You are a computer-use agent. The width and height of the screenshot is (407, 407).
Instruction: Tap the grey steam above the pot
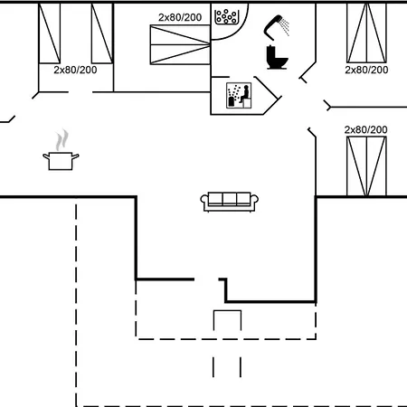coord(62,140)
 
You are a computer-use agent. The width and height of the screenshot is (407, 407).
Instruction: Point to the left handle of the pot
coord(46,156)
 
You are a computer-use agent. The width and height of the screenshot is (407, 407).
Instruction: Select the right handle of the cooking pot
coord(75,156)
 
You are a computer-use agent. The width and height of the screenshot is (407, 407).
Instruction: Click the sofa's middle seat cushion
coord(230,199)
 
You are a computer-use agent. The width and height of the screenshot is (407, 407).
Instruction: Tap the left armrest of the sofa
coord(204,202)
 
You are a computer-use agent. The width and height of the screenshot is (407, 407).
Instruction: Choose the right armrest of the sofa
coord(254,202)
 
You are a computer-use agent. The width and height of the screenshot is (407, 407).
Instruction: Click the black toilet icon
coord(277,57)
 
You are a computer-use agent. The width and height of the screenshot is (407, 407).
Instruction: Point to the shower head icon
coord(272,26)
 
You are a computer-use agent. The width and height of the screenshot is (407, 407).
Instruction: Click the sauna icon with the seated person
coord(239,96)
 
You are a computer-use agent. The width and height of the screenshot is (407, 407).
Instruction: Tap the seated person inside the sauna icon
coord(245,94)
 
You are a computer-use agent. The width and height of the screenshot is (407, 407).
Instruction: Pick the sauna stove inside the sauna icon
coord(232,101)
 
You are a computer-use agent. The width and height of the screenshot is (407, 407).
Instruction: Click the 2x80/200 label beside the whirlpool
coord(180,17)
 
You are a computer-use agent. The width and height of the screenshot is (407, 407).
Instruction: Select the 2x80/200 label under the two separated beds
coord(75,70)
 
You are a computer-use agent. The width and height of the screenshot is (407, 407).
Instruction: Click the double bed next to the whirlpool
coord(180,44)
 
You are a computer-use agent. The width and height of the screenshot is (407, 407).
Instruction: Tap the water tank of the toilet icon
coord(270,52)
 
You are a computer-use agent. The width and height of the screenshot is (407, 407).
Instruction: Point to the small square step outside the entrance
coord(227,320)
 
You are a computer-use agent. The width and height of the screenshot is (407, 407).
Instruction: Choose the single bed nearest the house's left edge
coord(50,33)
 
